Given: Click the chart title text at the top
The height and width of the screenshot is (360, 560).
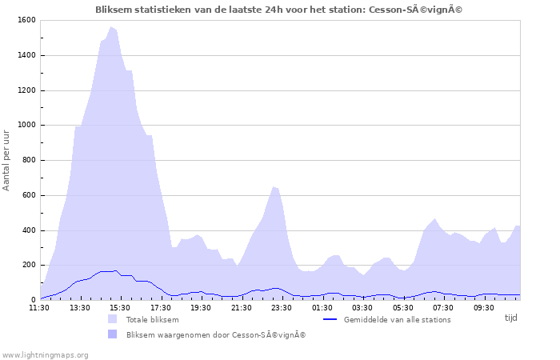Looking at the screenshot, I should (279, 10).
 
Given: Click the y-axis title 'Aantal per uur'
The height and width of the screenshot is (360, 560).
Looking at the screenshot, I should (7, 160).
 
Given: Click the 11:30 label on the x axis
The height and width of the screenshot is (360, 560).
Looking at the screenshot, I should (40, 307).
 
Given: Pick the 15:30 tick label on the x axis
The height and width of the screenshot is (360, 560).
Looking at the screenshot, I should (120, 307).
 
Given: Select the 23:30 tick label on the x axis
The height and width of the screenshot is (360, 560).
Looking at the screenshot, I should (282, 307).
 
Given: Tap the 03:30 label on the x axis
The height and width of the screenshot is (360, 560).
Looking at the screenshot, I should (362, 307).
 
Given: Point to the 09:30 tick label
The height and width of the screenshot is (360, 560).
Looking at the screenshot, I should (484, 307).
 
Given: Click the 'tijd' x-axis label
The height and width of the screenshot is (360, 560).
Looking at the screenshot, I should (511, 318).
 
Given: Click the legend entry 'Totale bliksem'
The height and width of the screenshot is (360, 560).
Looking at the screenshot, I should (152, 320).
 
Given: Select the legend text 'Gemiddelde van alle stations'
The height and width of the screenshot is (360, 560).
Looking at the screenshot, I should (397, 320).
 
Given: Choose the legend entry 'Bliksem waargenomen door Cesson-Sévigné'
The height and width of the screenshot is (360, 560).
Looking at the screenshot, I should (215, 335).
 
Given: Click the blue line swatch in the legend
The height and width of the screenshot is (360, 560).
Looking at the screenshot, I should (330, 320).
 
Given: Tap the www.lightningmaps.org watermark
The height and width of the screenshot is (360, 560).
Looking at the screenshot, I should (45, 354).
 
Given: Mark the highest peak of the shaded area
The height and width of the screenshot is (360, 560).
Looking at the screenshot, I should (111, 27).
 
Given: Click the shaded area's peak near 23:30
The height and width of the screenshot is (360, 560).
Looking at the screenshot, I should (274, 186).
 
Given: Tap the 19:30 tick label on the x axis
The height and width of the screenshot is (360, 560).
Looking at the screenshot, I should (201, 307).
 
